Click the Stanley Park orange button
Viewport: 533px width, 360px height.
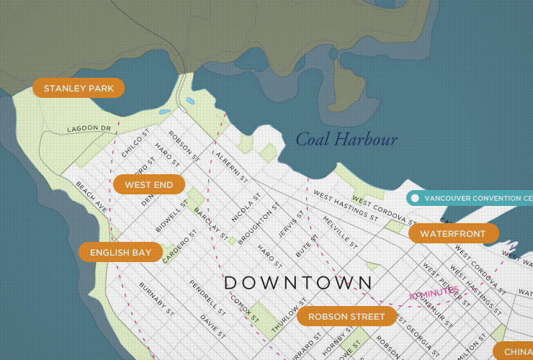tap(79, 89)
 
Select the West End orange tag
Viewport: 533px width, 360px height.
tap(148, 185)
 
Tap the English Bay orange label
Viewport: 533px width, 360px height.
tap(120, 252)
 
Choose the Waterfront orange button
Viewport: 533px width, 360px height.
tap(453, 234)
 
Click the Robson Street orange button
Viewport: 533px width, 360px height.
tap(346, 316)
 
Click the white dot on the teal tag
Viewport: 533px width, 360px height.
tap(415, 198)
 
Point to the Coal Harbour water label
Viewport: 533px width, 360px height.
tap(346, 140)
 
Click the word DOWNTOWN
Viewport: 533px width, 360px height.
tap(298, 283)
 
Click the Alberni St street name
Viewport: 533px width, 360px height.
tap(232, 166)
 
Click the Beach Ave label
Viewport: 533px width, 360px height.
tap(91, 197)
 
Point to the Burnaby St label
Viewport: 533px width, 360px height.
tap(157, 300)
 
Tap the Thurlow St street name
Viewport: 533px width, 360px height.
tap(289, 315)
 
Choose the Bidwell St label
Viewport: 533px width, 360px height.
tap(171, 216)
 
